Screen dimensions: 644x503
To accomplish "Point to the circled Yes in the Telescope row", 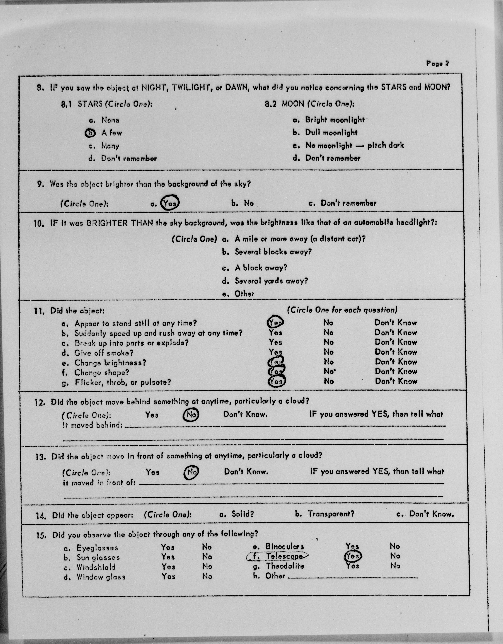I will pyautogui.click(x=353, y=556).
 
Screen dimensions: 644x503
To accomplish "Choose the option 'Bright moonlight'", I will pyautogui.click(x=335, y=120).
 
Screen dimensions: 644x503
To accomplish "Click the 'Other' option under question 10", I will pyautogui.click(x=244, y=294).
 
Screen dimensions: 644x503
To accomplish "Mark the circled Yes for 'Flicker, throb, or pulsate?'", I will pyautogui.click(x=277, y=382).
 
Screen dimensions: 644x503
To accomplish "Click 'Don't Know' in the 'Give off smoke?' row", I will pyautogui.click(x=396, y=352).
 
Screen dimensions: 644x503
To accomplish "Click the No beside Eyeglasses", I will pyautogui.click(x=207, y=547).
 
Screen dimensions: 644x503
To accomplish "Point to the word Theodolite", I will pyautogui.click(x=285, y=566).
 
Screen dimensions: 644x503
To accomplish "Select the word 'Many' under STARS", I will pyautogui.click(x=110, y=146).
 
